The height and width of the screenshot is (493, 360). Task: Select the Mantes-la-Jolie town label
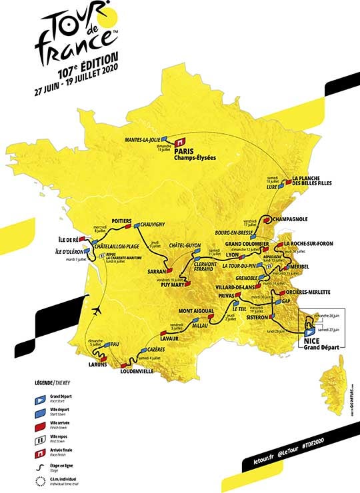point(142,140)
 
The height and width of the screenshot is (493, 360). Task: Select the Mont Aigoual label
point(197,312)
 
